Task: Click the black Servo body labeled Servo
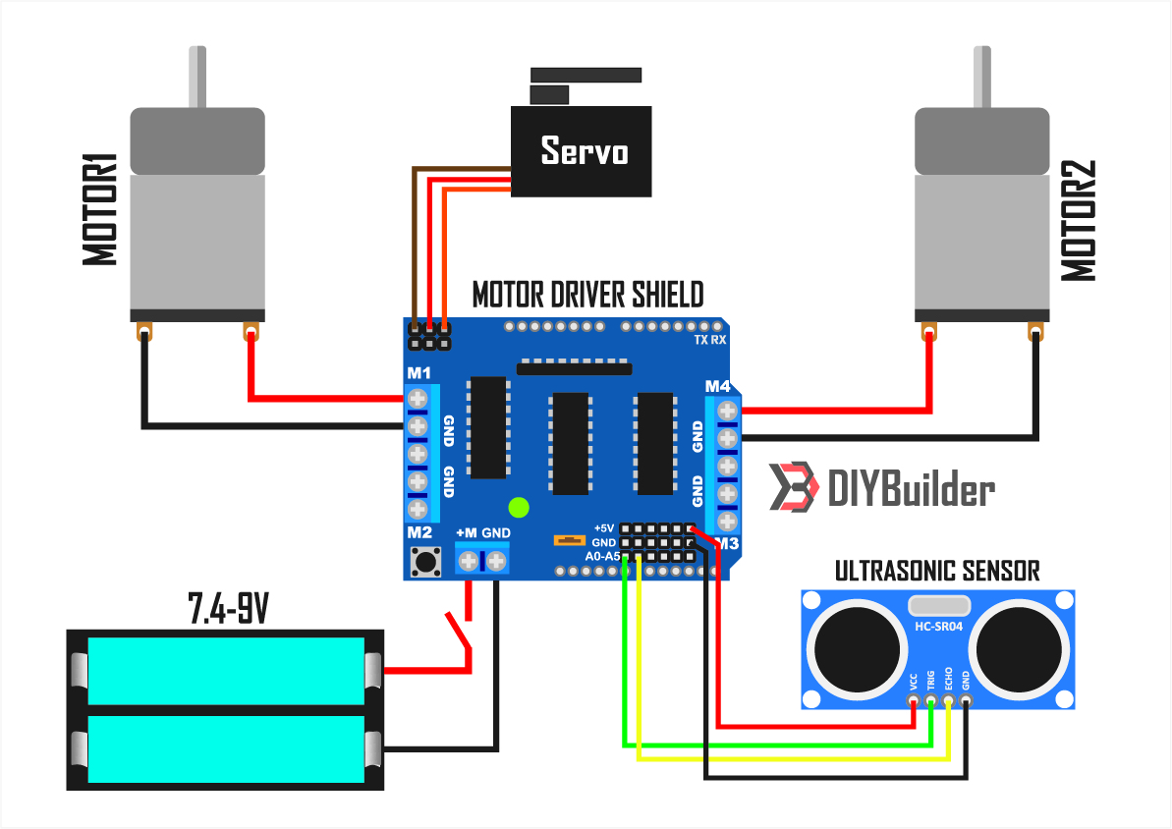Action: (x=581, y=151)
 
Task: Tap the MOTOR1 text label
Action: (x=101, y=208)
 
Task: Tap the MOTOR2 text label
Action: (x=1079, y=222)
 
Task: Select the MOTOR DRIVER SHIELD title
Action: (x=587, y=295)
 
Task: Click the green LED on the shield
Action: (x=519, y=508)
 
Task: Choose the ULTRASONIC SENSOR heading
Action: (x=937, y=570)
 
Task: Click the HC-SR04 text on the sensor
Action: (x=937, y=626)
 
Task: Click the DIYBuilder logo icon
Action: (x=793, y=487)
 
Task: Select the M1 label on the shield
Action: (x=419, y=373)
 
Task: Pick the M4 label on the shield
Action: (x=718, y=385)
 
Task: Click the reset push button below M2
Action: (x=425, y=562)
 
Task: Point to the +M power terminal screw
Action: (x=470, y=562)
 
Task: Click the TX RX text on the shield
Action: (x=709, y=340)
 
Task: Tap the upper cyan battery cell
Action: (x=225, y=671)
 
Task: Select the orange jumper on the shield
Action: (x=567, y=540)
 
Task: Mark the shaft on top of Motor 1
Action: (x=197, y=78)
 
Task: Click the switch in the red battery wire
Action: (x=460, y=633)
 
